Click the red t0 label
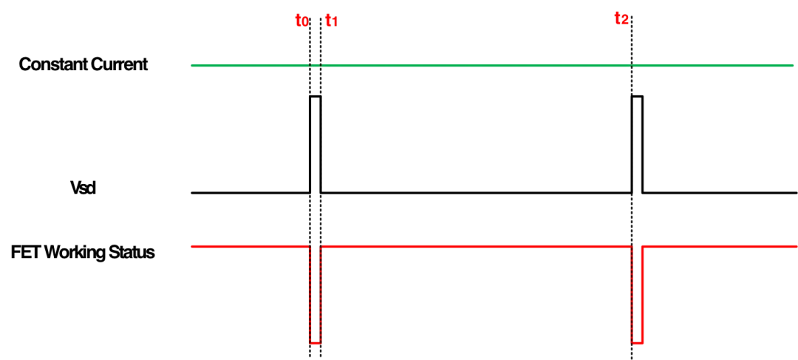point(301,21)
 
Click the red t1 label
point(331,21)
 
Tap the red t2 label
point(621,21)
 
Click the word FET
point(24,253)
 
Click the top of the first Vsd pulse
point(316,95)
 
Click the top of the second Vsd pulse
point(637,95)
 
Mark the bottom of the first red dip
point(316,343)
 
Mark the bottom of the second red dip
point(637,343)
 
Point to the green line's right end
point(793,66)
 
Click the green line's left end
point(192,66)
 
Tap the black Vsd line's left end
point(192,193)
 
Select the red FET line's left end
point(192,246)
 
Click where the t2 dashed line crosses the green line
point(632,66)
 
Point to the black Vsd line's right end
point(797,193)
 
